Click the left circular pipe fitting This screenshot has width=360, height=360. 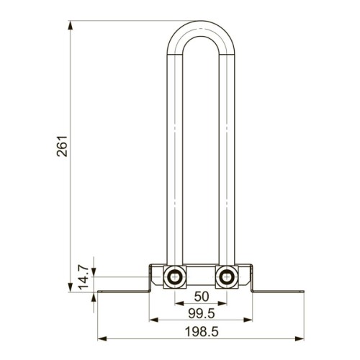pyautogui.click(x=175, y=276)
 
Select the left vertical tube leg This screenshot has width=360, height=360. pyautogui.click(x=175, y=158)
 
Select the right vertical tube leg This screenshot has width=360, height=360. pyautogui.click(x=228, y=158)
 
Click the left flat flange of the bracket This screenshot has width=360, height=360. pyautogui.click(x=122, y=292)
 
